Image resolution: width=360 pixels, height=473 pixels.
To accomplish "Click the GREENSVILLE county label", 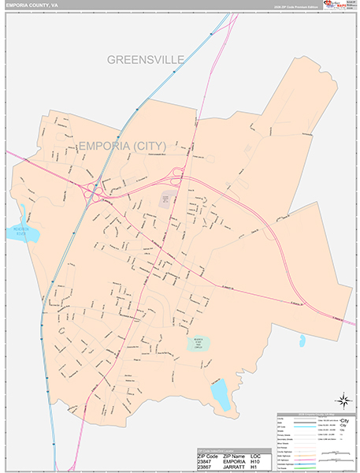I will click(145, 60).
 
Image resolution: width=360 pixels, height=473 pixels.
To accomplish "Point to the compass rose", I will click(343, 400).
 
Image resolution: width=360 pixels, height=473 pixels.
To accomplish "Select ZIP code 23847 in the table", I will click(207, 460).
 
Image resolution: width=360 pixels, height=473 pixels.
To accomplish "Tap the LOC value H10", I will click(262, 460).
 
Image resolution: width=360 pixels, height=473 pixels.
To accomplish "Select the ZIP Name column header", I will click(238, 455).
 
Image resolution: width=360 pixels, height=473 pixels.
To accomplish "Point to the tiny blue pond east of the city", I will click(302, 341).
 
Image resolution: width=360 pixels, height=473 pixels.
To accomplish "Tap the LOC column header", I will click(262, 455).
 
